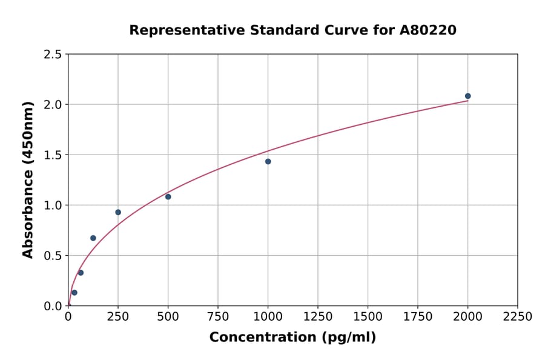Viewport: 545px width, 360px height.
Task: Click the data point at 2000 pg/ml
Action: click(x=467, y=96)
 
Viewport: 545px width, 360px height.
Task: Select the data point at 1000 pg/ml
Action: click(x=268, y=161)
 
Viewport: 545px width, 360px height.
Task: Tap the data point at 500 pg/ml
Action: click(x=168, y=196)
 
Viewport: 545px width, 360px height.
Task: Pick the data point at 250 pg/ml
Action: click(x=118, y=212)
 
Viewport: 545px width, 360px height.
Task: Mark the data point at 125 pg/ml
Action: click(x=93, y=238)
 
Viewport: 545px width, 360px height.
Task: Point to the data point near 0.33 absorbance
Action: click(x=81, y=273)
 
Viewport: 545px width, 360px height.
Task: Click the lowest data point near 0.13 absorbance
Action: click(x=74, y=293)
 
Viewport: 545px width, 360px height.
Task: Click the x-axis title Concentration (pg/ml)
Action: click(x=292, y=338)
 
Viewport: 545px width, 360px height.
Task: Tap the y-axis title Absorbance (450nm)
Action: click(x=28, y=179)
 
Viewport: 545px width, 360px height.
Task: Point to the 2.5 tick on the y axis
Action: click(x=53, y=55)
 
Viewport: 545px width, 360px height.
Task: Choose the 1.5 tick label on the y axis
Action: click(x=53, y=155)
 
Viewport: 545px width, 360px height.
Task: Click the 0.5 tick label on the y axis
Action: click(x=53, y=256)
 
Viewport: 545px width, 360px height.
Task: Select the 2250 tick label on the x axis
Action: click(x=518, y=317)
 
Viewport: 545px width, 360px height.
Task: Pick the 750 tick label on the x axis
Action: click(x=218, y=317)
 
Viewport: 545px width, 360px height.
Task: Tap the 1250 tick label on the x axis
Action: click(x=318, y=317)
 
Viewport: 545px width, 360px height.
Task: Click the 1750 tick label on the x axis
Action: click(x=418, y=317)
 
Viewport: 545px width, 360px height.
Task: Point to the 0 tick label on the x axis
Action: click(x=68, y=317)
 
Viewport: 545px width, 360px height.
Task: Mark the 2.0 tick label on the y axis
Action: click(x=53, y=105)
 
